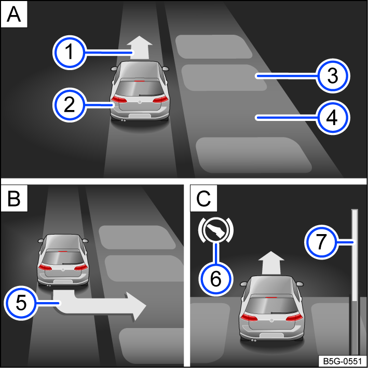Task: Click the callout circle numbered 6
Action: coord(216,278)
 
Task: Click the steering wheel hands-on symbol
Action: coord(216,230)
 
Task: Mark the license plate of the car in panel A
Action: coord(139,112)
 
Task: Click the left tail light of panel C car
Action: coord(250,318)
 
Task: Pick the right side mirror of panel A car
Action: coord(165,69)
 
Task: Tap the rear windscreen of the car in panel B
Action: coord(62,255)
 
